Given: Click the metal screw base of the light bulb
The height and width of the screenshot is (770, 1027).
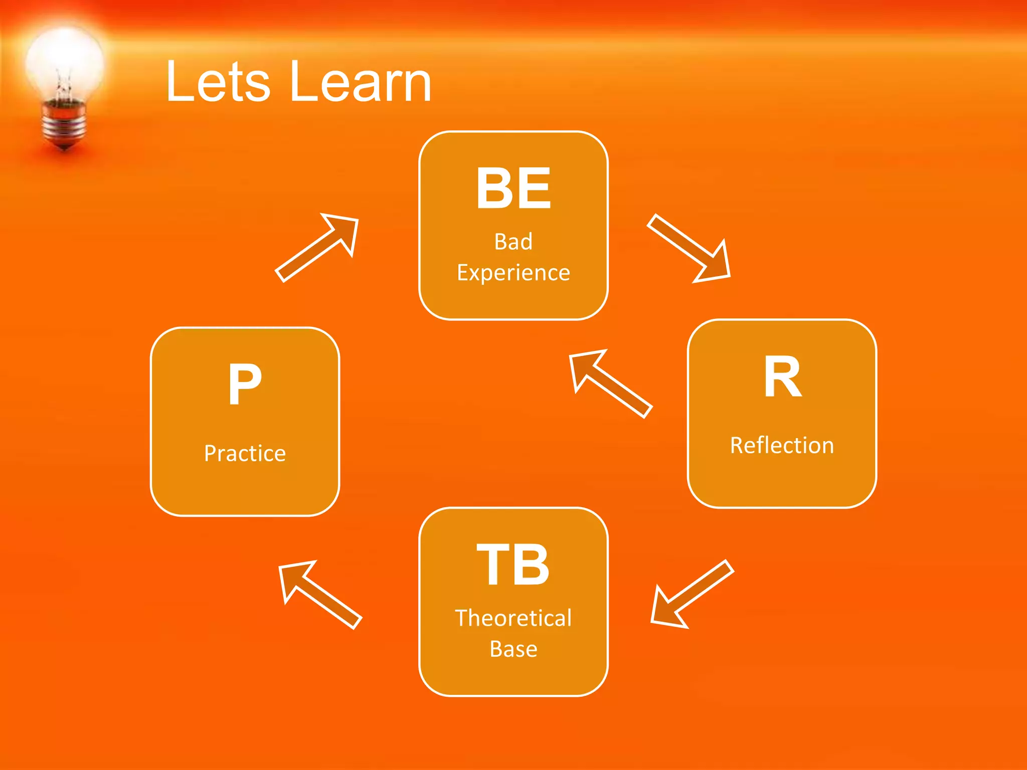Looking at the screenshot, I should (64, 123).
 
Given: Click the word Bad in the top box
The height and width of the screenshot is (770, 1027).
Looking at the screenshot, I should (513, 242).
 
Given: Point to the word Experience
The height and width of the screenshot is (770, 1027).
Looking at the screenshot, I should (513, 273).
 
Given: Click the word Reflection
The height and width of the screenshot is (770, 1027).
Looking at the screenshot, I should (782, 445).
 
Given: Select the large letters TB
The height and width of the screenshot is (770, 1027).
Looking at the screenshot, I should (513, 564).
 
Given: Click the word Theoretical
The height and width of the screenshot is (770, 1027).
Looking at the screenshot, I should (513, 618).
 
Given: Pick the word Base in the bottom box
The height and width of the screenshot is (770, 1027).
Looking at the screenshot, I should (513, 649).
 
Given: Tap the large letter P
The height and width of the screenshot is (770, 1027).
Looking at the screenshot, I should (245, 384).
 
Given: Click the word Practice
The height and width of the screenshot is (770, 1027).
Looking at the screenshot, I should (245, 453).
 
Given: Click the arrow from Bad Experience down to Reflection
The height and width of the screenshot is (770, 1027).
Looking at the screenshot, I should (690, 249).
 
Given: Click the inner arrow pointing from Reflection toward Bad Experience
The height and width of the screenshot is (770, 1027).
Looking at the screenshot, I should (609, 383).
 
